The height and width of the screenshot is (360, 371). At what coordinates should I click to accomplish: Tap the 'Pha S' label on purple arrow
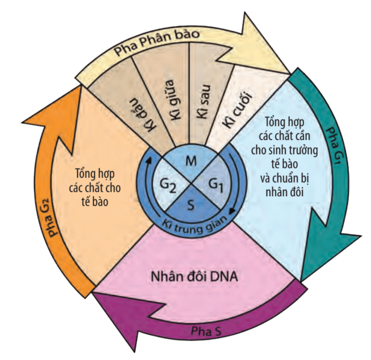coord(206,331)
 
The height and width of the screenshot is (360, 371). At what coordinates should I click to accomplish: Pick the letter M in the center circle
coord(191,162)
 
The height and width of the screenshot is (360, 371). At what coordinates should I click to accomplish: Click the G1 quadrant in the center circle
coord(214,183)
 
